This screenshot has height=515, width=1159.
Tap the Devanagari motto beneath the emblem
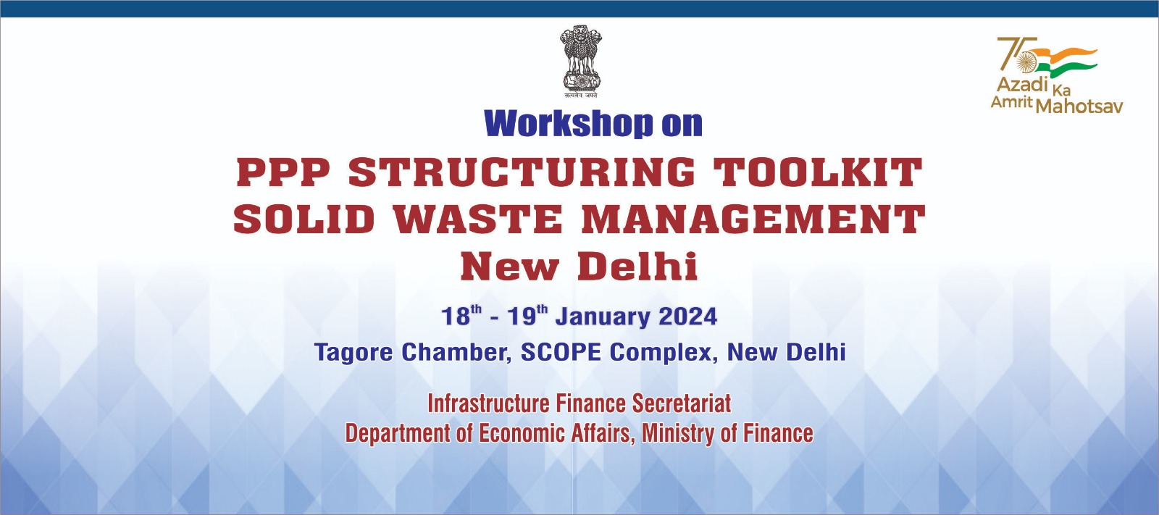580,95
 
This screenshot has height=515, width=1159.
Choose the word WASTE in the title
477,219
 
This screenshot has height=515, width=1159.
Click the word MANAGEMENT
753,219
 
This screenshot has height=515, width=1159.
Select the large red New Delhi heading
579,267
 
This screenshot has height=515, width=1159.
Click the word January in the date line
602,317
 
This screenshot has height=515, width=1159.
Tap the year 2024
687,317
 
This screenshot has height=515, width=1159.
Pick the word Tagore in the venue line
354,353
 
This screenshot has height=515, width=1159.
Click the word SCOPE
561,353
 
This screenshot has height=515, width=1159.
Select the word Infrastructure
488,403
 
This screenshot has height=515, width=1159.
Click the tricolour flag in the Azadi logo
1065,62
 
